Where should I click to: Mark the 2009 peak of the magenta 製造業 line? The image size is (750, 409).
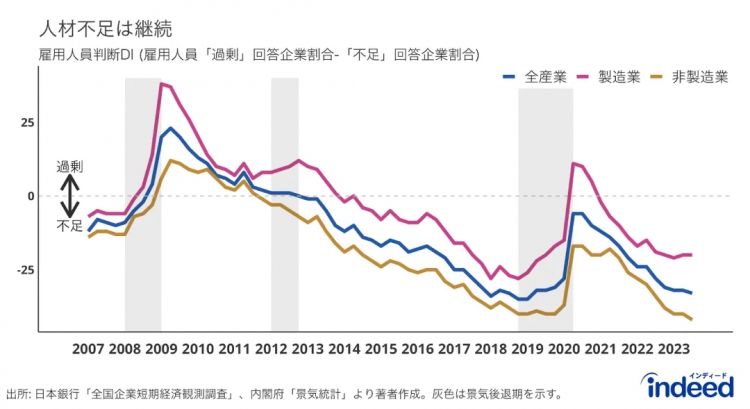pyautogui.click(x=161, y=84)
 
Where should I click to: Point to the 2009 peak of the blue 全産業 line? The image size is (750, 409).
pyautogui.click(x=170, y=128)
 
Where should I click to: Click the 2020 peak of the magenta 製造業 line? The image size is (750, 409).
pyautogui.click(x=572, y=163)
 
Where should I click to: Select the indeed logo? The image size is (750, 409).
pyautogui.click(x=688, y=384)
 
